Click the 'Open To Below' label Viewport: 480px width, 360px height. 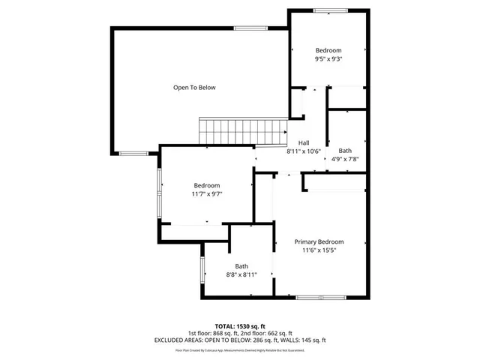(194, 88)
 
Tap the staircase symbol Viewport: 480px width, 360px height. (242, 131)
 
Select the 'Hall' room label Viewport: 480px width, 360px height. (304, 143)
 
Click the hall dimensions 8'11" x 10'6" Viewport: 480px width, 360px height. (304, 151)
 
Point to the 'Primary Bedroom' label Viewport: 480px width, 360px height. (319, 241)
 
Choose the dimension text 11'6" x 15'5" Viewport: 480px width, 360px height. (319, 250)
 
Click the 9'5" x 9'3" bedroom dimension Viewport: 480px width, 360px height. (328, 59)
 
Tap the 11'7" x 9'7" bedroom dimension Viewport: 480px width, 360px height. (207, 194)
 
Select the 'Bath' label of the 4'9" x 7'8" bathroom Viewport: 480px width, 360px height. (344, 150)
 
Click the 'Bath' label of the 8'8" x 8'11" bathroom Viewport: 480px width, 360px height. (241, 266)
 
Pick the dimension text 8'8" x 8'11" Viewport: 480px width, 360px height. (241, 275)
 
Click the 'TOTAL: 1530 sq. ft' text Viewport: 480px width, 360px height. (240, 326)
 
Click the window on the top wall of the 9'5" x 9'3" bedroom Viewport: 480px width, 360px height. (330, 10)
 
